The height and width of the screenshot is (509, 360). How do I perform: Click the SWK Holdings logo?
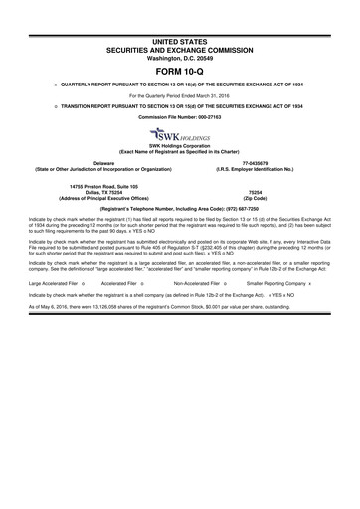point(180,135)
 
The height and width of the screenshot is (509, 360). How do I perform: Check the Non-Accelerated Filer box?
point(227,282)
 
